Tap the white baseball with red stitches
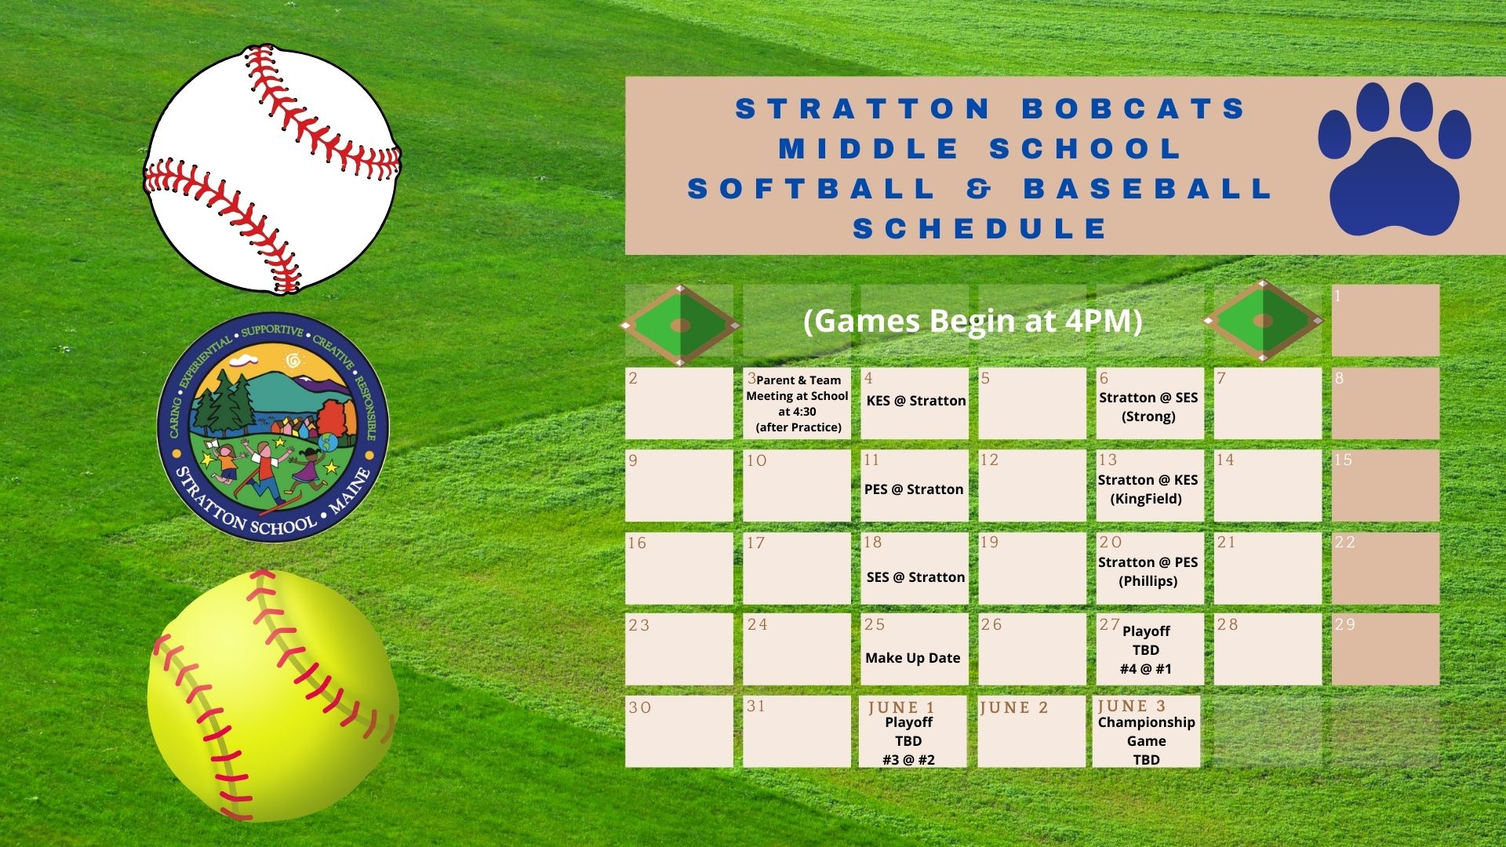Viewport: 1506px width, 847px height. [x=272, y=169]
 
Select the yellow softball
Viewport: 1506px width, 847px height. [x=272, y=696]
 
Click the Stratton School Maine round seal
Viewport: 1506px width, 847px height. [x=273, y=427]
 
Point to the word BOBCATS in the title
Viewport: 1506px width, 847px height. [x=1134, y=108]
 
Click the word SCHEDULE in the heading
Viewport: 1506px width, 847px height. [x=980, y=228]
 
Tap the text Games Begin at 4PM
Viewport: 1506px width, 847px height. [x=973, y=321]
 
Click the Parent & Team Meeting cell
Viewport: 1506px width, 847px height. [x=797, y=403]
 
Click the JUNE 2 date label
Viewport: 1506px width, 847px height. [x=1014, y=707]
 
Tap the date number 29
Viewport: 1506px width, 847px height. [x=1344, y=624]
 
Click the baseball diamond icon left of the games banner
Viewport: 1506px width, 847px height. [x=679, y=325]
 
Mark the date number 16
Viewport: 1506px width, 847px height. [x=637, y=543]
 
